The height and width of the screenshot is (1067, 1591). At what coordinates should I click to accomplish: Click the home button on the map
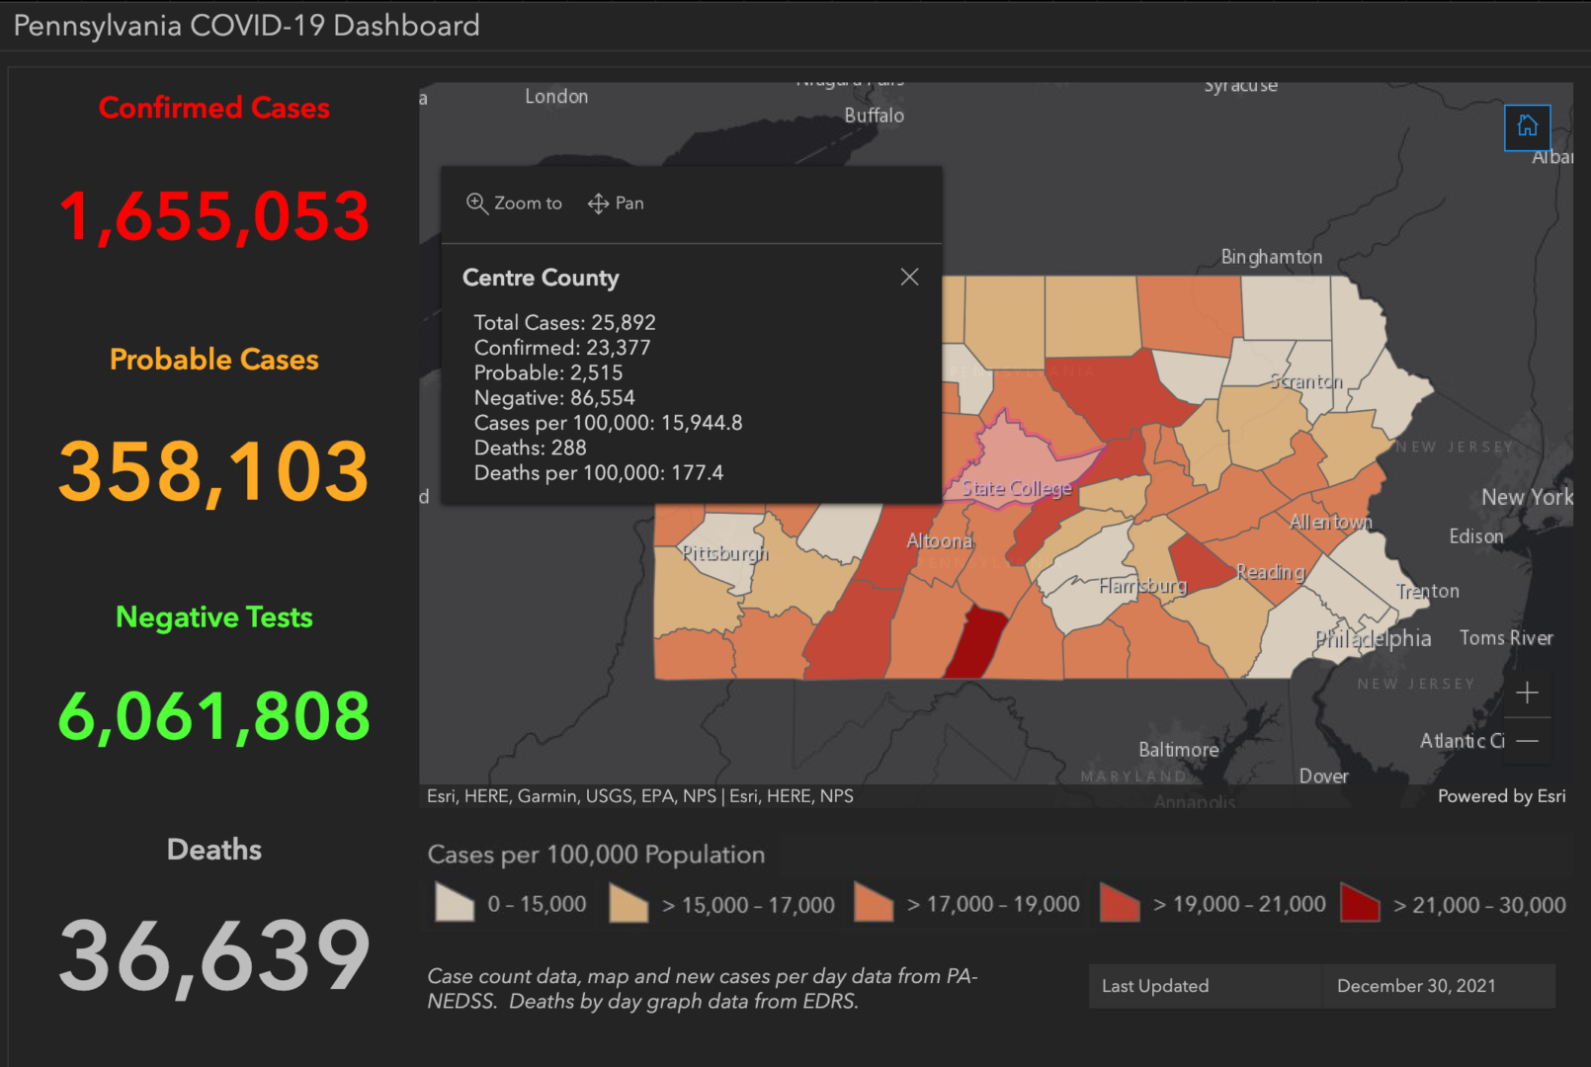coord(1527,126)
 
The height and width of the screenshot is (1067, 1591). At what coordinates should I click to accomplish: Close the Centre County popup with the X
coord(909,278)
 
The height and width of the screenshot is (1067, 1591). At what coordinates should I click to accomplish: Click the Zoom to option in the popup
coord(514,204)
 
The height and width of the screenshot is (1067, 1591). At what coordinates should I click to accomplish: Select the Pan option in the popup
coord(616,204)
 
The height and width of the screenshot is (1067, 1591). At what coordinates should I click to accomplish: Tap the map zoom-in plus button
coord(1527,693)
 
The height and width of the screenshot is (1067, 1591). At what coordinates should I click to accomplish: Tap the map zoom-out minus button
coord(1527,741)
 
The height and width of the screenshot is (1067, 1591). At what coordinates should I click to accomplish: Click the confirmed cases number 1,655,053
coord(213,216)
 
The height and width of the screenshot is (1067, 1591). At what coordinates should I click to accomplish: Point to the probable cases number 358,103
coord(213,471)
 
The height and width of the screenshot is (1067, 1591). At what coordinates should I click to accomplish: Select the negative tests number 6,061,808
coord(213,716)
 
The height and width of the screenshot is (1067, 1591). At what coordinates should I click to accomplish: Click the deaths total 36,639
coord(213,955)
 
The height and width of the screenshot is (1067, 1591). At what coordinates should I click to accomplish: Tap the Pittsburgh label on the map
coord(724,553)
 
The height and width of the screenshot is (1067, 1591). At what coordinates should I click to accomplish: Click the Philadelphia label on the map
coord(1373,639)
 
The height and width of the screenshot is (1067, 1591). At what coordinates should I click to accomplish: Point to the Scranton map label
coord(1305,381)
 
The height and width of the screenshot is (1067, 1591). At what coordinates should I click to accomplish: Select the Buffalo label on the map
coord(874,116)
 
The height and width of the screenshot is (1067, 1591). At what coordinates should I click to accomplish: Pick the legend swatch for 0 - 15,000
coord(455,903)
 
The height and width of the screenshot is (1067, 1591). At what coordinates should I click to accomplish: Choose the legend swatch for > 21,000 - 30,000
coord(1360,903)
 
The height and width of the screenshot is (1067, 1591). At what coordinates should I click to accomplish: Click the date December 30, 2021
coord(1416,986)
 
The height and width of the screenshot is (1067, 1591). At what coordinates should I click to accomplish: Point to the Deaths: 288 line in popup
coord(531,449)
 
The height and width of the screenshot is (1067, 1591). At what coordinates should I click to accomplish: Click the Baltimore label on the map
coord(1178,750)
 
